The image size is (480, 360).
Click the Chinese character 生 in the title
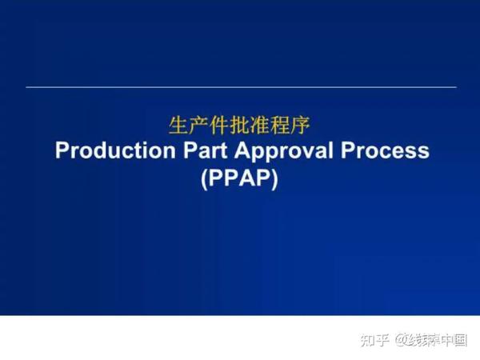pos(178,126)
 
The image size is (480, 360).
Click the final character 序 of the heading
pos(302,126)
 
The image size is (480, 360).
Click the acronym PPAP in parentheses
pos(240,178)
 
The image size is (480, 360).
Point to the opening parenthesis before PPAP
pos(205,178)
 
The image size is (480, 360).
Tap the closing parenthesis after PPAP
pos(274,178)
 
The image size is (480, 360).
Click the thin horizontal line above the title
pos(240,86)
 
